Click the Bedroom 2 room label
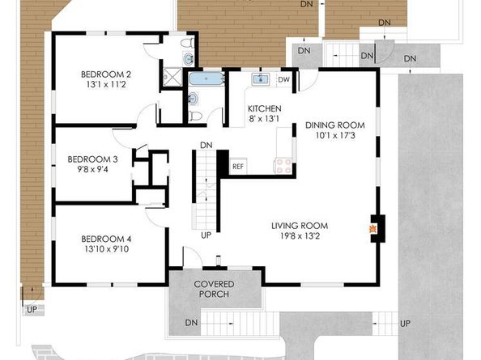pyautogui.click(x=106, y=74)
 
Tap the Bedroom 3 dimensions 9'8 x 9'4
pyautogui.click(x=92, y=169)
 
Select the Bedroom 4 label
pyautogui.click(x=106, y=239)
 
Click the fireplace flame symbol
pyautogui.click(x=372, y=229)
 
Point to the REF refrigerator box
pyautogui.click(x=238, y=167)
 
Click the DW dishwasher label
pyautogui.click(x=283, y=79)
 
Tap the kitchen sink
pyautogui.click(x=261, y=79)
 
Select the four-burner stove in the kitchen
pyautogui.click(x=284, y=166)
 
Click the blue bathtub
pyautogui.click(x=206, y=79)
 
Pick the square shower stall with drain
pyautogui.click(x=172, y=77)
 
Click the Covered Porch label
pyautogui.click(x=214, y=289)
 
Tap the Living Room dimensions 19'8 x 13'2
pyautogui.click(x=300, y=236)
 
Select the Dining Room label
pyautogui.click(x=335, y=125)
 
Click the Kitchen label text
pyautogui.click(x=265, y=108)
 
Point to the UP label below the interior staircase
pyautogui.click(x=206, y=235)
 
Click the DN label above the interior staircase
pyautogui.click(x=206, y=146)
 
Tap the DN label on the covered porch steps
pyautogui.click(x=191, y=323)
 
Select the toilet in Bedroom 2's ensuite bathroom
pyautogui.click(x=187, y=43)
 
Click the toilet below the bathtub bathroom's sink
pyautogui.click(x=195, y=116)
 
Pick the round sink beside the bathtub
pyautogui.click(x=194, y=99)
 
